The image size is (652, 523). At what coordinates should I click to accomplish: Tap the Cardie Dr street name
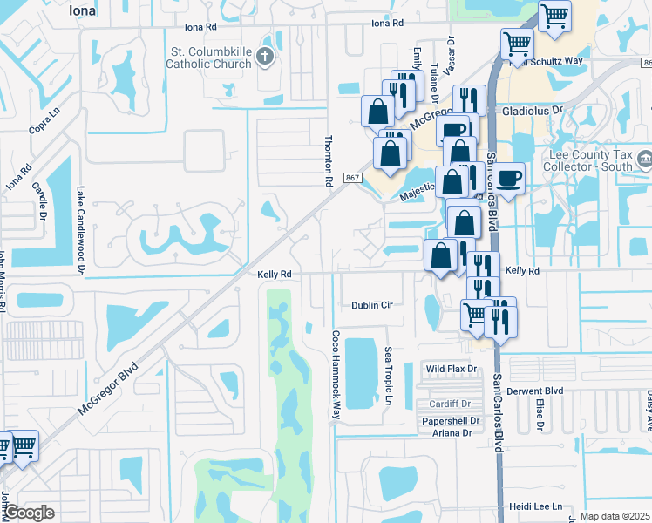pos(40,201)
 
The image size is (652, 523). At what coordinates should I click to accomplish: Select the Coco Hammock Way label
pos(335,374)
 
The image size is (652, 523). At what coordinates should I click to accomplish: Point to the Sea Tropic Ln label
pos(388,376)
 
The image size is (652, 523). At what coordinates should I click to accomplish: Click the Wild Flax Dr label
pos(452,370)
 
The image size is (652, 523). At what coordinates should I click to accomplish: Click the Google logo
pos(28,513)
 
